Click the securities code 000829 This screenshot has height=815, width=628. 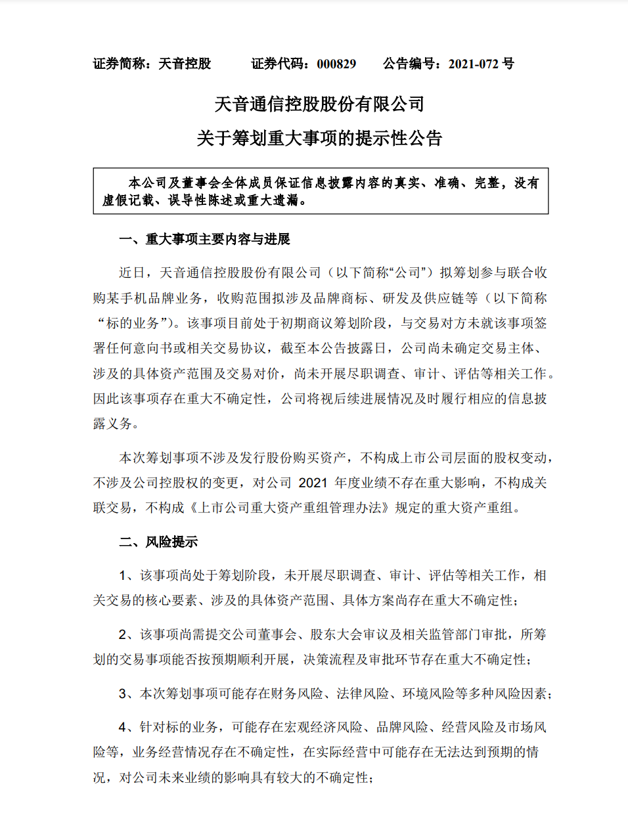coord(336,64)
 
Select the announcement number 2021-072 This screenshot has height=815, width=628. coord(474,64)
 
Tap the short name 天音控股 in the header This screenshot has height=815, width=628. coord(185,64)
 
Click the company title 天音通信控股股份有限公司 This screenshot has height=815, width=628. coord(319,104)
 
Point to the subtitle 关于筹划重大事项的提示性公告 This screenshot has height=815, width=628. coord(319,138)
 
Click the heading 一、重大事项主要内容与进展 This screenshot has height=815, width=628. coord(204,239)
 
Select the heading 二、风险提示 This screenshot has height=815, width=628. coord(158,542)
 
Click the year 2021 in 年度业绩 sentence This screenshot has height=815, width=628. coord(313,483)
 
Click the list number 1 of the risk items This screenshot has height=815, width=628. coord(122,575)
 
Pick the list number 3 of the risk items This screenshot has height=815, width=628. coord(122,694)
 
